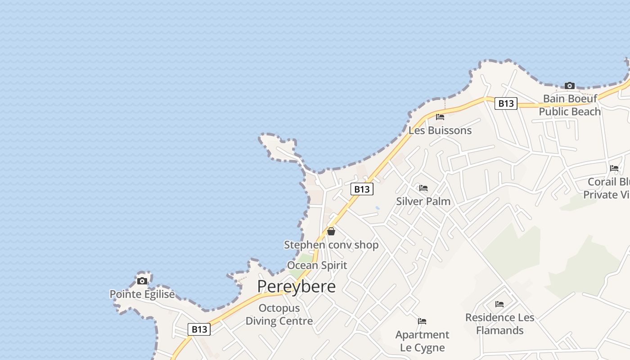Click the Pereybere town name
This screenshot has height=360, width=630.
(x=297, y=286)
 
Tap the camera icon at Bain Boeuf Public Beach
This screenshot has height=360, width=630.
(x=570, y=85)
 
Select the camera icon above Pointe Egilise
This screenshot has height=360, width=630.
(x=142, y=281)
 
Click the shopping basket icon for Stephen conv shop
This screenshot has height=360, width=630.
(x=331, y=231)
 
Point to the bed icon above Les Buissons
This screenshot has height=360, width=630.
(x=440, y=117)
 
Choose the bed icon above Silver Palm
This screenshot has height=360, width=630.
(x=423, y=188)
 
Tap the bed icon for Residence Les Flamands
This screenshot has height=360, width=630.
(x=499, y=304)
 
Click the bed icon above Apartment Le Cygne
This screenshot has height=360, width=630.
(x=422, y=321)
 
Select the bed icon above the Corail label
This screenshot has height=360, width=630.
(x=614, y=168)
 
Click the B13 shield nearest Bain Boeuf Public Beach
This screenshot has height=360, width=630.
(x=506, y=103)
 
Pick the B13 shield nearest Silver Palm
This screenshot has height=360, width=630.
(x=362, y=189)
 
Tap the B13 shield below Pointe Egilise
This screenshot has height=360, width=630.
(x=199, y=329)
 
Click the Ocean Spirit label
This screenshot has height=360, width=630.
(x=317, y=265)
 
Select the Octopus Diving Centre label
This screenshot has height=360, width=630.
(x=279, y=315)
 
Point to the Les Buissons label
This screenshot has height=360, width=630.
(x=440, y=130)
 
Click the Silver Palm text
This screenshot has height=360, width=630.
(x=423, y=201)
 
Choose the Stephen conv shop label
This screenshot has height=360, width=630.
(x=331, y=245)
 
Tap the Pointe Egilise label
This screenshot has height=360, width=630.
(x=142, y=294)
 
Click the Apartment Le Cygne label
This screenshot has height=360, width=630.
(x=422, y=341)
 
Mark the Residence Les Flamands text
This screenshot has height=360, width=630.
(x=499, y=324)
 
